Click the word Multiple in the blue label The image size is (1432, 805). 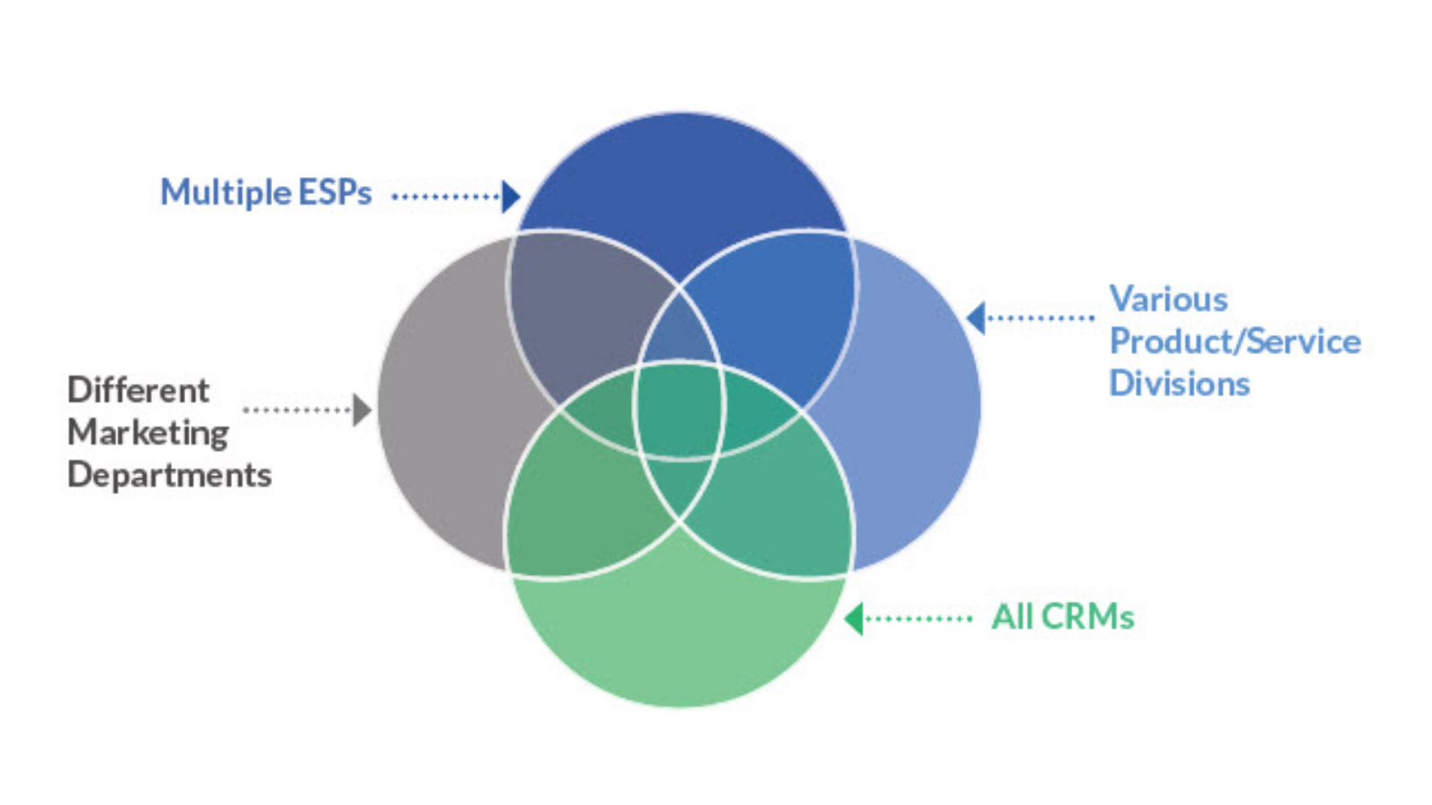click(226, 193)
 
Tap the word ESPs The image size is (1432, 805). click(335, 193)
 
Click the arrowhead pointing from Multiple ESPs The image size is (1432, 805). click(511, 196)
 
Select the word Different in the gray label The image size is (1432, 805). click(139, 390)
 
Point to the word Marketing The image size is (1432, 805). click(149, 433)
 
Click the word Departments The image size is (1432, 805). click(169, 475)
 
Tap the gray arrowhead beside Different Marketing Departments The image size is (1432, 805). click(362, 410)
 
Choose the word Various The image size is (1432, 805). click(1168, 299)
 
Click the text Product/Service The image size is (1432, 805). click(1235, 341)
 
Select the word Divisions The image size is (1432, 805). click(1180, 384)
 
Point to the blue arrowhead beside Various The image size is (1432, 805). click(976, 318)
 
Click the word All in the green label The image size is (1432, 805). click(1012, 617)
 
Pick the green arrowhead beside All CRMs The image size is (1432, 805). click(854, 618)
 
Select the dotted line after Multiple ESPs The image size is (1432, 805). click(445, 196)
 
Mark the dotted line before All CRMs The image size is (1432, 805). click(918, 618)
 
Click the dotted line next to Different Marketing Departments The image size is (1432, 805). click(297, 410)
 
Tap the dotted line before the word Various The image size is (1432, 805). click(1040, 318)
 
